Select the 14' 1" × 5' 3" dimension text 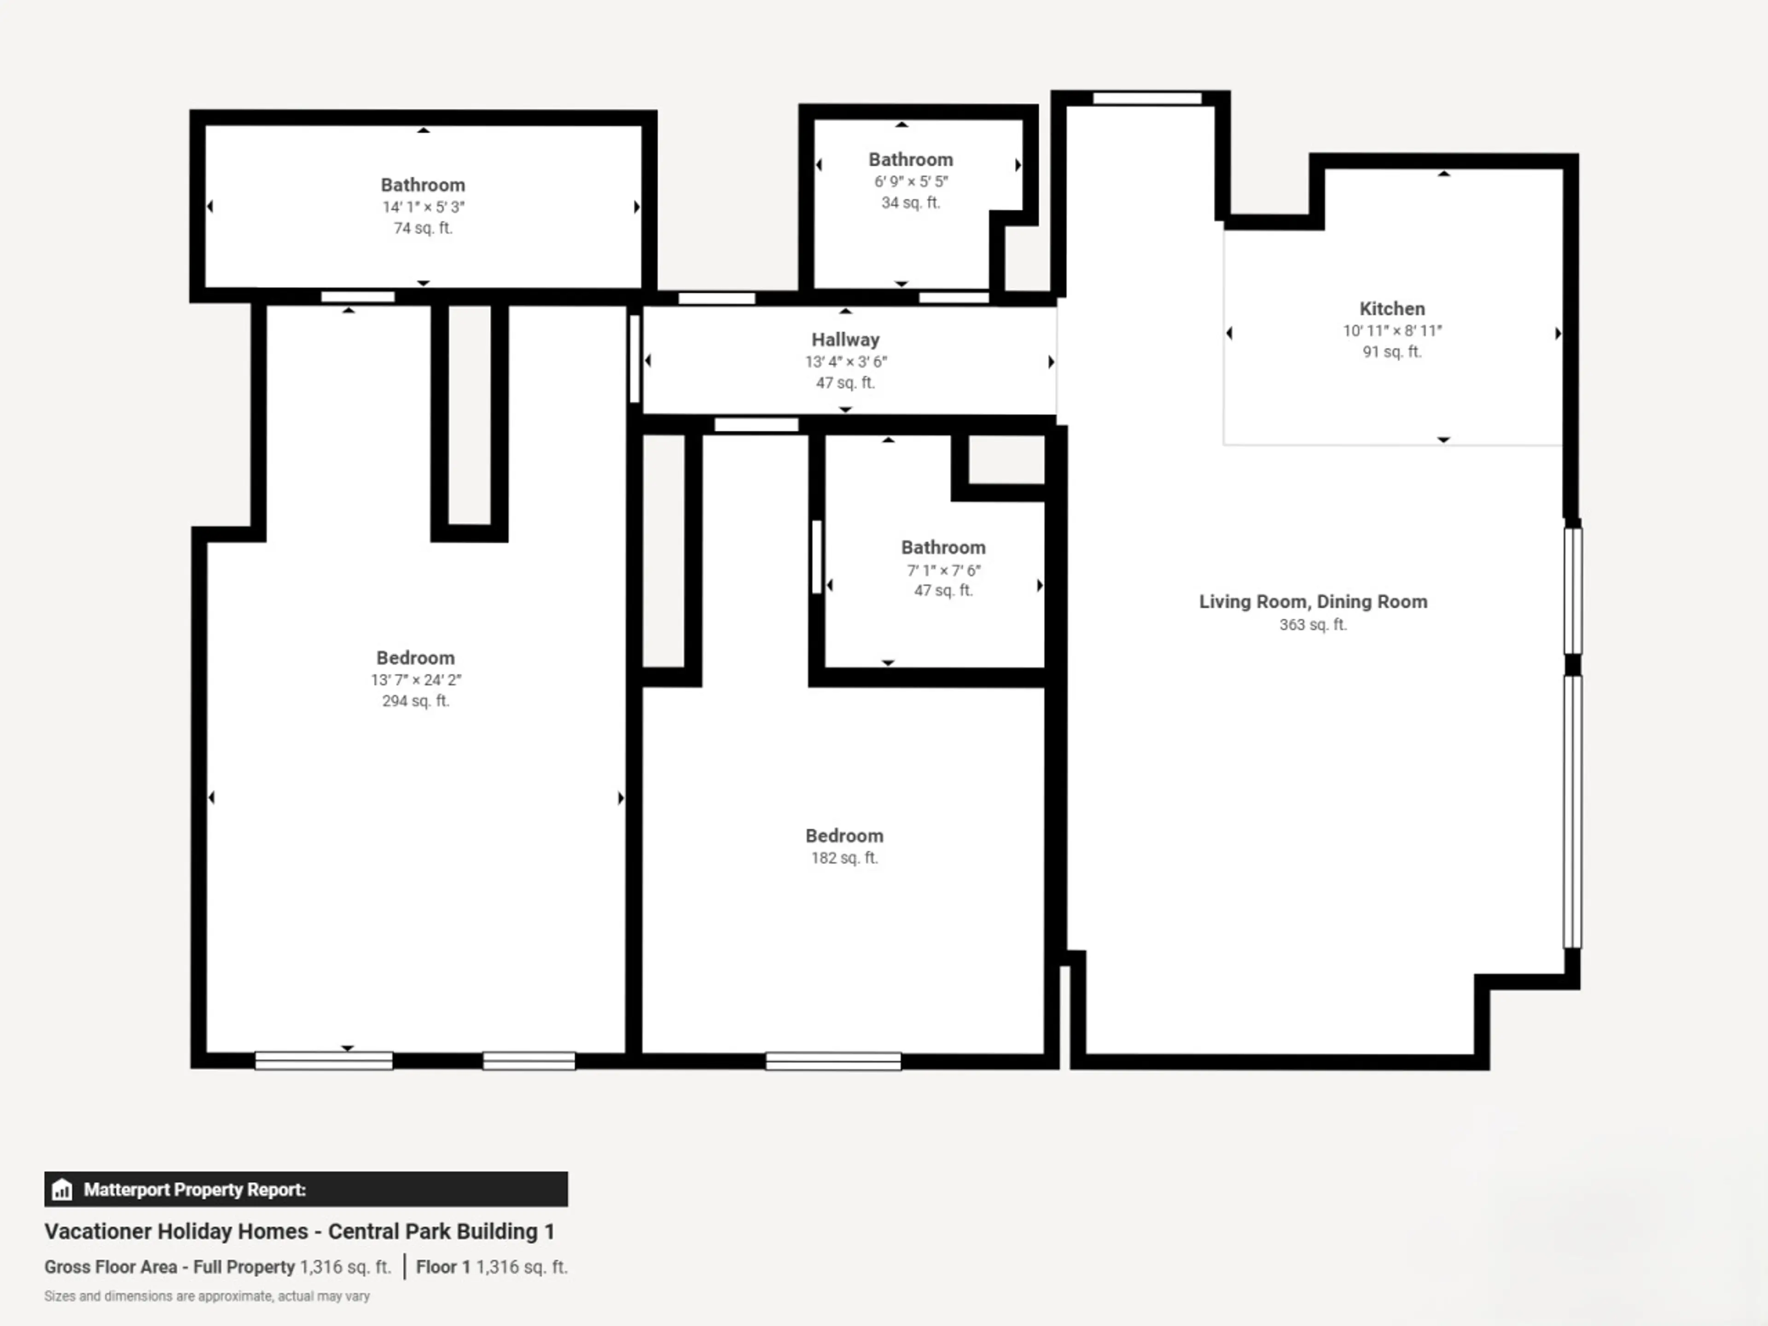pyautogui.click(x=423, y=207)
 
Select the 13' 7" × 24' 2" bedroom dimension pyautogui.click(x=416, y=680)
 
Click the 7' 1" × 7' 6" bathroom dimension pyautogui.click(x=943, y=570)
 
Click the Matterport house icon pyautogui.click(x=62, y=1189)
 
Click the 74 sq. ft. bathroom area pyautogui.click(x=423, y=228)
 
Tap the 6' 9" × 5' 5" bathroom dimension pyautogui.click(x=910, y=181)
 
